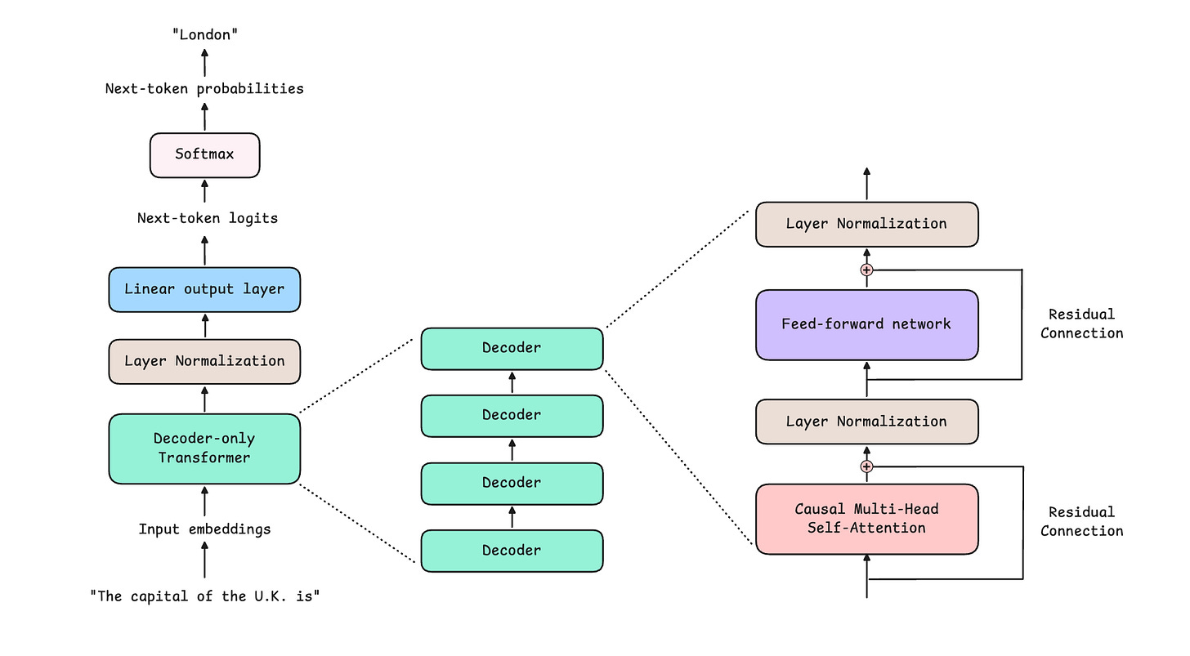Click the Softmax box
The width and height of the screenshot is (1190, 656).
pos(204,155)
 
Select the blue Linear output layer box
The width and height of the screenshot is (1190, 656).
pos(204,289)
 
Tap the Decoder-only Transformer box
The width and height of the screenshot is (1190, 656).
pos(204,448)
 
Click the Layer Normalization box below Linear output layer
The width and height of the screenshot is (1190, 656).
pos(204,362)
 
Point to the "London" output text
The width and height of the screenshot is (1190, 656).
pos(205,35)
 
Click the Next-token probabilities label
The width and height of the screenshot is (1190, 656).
pos(204,89)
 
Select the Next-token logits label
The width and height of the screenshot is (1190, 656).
pos(208,218)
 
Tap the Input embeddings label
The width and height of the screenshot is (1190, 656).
pos(204,529)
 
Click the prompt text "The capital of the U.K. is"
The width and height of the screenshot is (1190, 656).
pos(205,596)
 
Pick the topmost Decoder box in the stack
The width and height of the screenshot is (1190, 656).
pos(512,349)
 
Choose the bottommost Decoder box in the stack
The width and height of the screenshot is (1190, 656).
pos(512,551)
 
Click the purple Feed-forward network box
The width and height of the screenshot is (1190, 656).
pos(867,325)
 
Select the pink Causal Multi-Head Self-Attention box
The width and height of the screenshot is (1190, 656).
pos(867,519)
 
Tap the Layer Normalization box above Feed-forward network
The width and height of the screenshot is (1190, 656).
pos(867,224)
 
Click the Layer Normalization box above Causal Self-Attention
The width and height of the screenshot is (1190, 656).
pos(867,422)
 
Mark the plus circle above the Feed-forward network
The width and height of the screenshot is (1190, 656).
pos(866,270)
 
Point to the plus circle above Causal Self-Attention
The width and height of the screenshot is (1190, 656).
pos(866,466)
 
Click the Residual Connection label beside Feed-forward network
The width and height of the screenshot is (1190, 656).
pos(1081,324)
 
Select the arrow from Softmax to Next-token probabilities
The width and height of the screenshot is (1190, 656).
pos(204,116)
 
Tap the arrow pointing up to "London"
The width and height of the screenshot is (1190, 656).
pos(204,63)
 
